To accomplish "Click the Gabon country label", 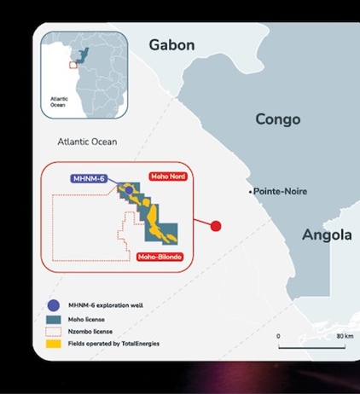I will [171, 45].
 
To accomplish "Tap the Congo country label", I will [277, 119].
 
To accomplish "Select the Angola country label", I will [326, 235].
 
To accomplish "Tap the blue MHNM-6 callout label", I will [87, 178].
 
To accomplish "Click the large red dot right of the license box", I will [215, 226].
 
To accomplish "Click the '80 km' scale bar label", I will [345, 335].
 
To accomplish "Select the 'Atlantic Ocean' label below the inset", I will [87, 142].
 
